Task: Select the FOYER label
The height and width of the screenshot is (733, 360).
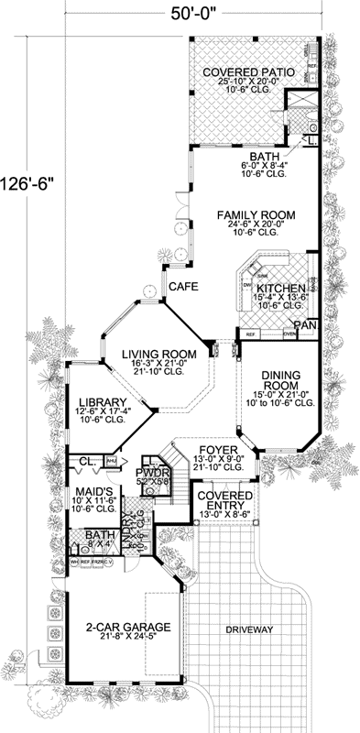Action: [x=218, y=451]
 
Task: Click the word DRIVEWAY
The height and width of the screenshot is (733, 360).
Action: [x=242, y=630]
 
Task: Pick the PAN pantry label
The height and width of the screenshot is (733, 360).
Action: [x=307, y=324]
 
